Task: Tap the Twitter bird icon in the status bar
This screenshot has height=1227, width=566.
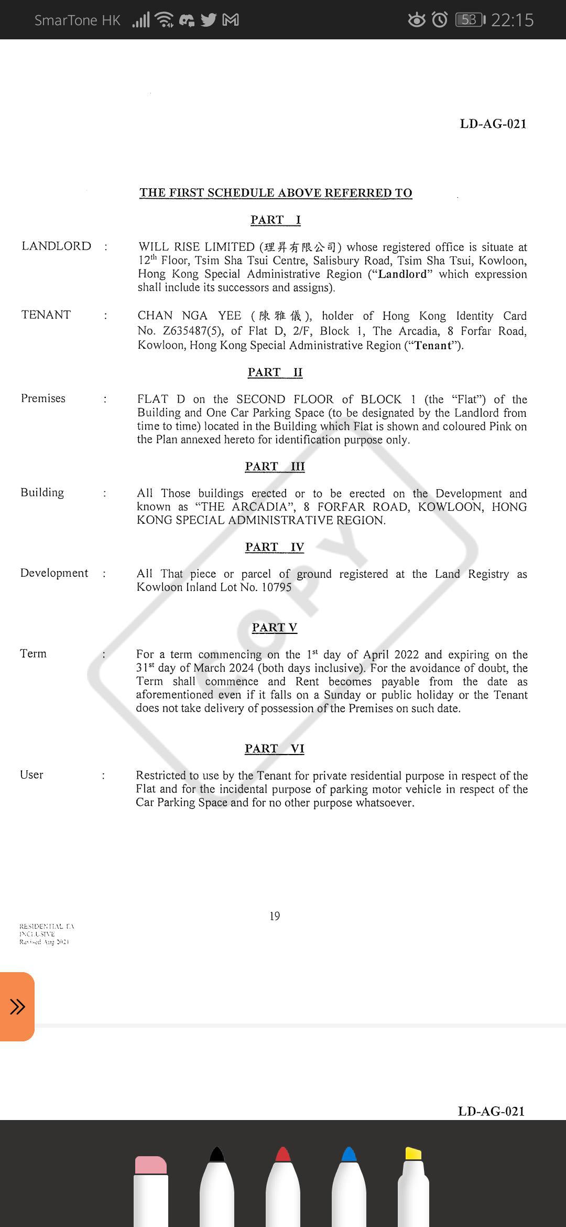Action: coord(209,20)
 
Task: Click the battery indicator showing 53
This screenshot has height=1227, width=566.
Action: coord(470,20)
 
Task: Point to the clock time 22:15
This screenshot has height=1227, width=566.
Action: coord(512,20)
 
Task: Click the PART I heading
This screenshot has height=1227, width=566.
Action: coord(275,220)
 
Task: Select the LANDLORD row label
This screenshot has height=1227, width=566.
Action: coord(56,246)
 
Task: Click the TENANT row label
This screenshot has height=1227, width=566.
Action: coord(46,315)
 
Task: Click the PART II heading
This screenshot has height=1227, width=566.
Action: coord(275,372)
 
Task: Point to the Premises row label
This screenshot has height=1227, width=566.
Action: coord(43,399)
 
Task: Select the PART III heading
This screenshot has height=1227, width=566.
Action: coord(275,467)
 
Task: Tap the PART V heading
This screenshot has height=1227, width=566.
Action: coord(274,628)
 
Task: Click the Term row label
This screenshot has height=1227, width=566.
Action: coord(33,653)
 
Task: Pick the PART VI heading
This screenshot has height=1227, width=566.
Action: coord(274,748)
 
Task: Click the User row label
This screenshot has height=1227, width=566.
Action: coord(31,774)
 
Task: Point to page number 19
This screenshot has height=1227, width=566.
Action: coord(275,916)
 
